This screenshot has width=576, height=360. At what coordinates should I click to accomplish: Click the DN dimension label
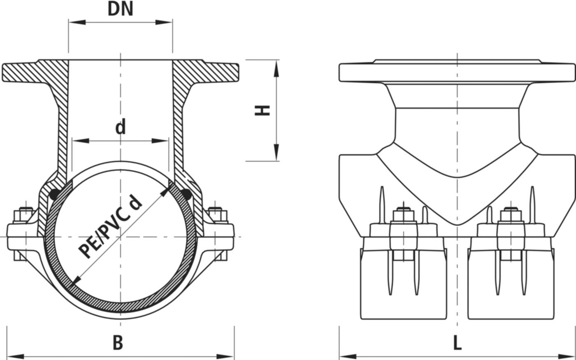(121, 9)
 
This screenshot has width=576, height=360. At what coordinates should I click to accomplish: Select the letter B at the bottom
(118, 342)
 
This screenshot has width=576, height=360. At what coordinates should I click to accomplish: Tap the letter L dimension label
(457, 342)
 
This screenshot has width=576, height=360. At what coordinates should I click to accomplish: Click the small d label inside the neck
(120, 128)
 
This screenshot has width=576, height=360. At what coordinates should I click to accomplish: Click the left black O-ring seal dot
(53, 195)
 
